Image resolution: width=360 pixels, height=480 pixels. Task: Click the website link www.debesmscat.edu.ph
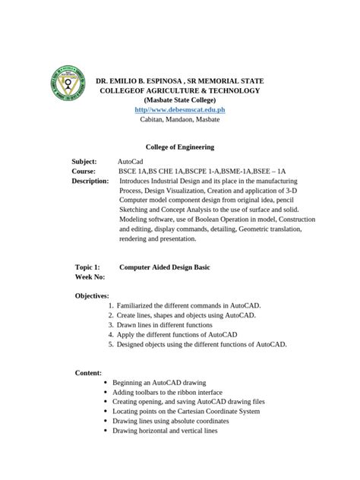pyautogui.click(x=180, y=110)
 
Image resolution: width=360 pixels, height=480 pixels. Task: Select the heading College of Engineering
pyautogui.click(x=179, y=147)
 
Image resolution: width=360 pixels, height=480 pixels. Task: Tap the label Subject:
pyautogui.click(x=84, y=162)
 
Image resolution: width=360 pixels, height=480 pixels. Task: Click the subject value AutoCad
pyautogui.click(x=131, y=162)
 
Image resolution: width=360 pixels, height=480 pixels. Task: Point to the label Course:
pyautogui.click(x=84, y=172)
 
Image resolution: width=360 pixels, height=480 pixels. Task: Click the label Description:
pyautogui.click(x=91, y=182)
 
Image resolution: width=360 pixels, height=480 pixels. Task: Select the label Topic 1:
pyautogui.click(x=87, y=267)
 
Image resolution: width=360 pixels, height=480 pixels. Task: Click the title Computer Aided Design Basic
pyautogui.click(x=164, y=267)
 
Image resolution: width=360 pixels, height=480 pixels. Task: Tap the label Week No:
pyautogui.click(x=89, y=277)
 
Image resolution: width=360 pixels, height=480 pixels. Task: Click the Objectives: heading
pyautogui.click(x=92, y=295)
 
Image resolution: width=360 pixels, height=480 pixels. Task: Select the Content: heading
pyautogui.click(x=88, y=372)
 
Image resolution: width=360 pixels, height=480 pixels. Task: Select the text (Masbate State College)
pyautogui.click(x=180, y=100)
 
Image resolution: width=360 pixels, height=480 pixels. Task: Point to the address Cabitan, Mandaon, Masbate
pyautogui.click(x=180, y=120)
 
